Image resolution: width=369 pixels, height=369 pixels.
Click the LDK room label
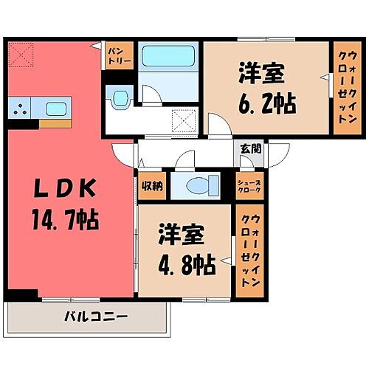(67, 189)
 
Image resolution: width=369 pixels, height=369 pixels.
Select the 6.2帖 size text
(267, 102)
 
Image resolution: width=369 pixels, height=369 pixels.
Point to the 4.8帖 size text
(186, 263)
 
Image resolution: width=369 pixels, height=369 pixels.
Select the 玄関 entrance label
(251, 148)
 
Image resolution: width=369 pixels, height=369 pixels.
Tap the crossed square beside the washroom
(182, 120)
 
